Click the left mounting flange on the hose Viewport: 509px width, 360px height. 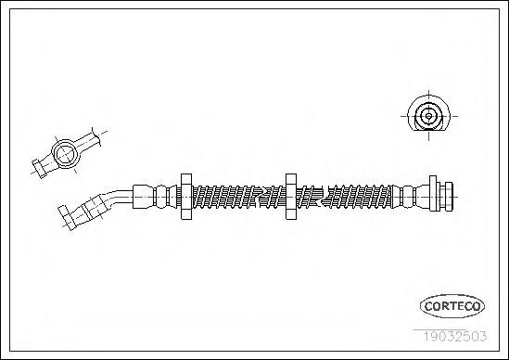[x=185, y=196]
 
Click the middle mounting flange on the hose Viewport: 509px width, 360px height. [x=290, y=196]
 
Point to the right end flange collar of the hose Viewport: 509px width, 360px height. [x=433, y=195]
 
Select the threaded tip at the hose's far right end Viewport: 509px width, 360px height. [x=450, y=195]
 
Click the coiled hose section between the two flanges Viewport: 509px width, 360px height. [x=237, y=196]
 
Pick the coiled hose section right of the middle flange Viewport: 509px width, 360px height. [x=343, y=196]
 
